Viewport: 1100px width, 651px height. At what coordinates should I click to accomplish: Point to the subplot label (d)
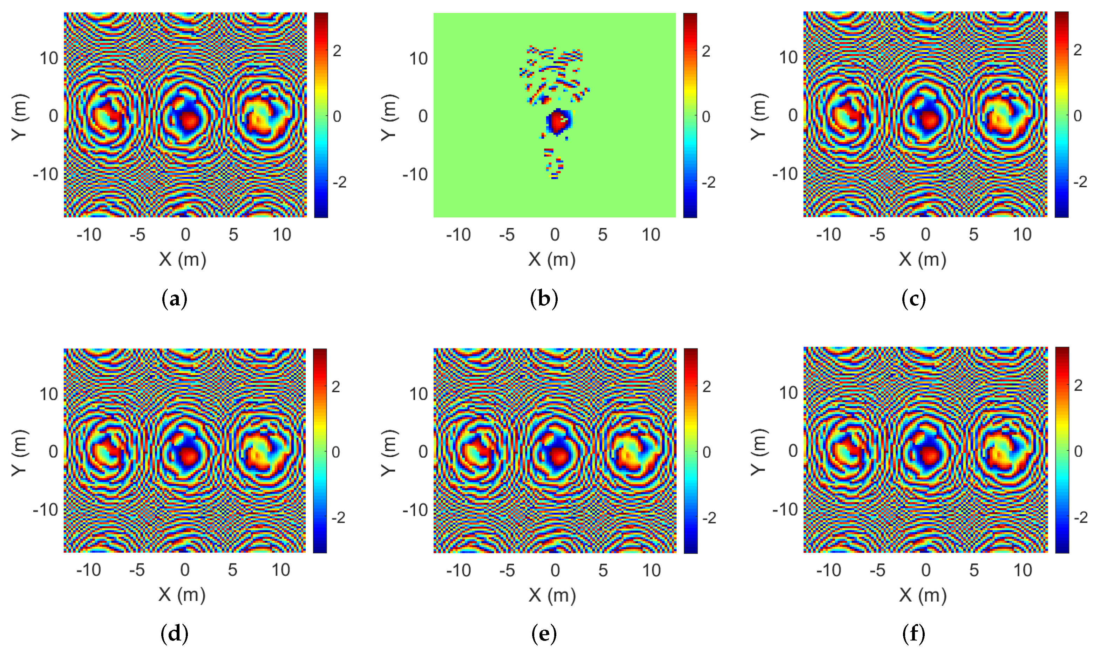[x=174, y=633]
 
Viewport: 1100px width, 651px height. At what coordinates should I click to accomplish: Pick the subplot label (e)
[x=544, y=633]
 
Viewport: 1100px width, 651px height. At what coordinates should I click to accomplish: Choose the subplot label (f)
[x=914, y=633]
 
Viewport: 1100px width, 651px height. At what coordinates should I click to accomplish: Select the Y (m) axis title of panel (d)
[x=20, y=452]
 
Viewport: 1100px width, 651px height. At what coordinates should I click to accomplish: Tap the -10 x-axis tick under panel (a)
[x=89, y=235]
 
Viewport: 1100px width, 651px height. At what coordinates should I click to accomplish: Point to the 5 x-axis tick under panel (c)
[x=973, y=235]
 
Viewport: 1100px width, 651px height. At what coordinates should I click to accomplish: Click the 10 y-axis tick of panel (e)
[x=419, y=394]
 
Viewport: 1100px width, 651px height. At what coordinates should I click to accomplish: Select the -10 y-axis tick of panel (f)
[x=785, y=509]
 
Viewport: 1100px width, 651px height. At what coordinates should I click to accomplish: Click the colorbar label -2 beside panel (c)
[x=1077, y=182]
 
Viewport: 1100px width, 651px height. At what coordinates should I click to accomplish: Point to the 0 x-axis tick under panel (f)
[x=926, y=570]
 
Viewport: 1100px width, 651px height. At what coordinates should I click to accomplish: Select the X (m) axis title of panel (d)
[x=182, y=595]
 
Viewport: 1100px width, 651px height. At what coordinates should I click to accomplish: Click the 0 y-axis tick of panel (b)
[x=422, y=116]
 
